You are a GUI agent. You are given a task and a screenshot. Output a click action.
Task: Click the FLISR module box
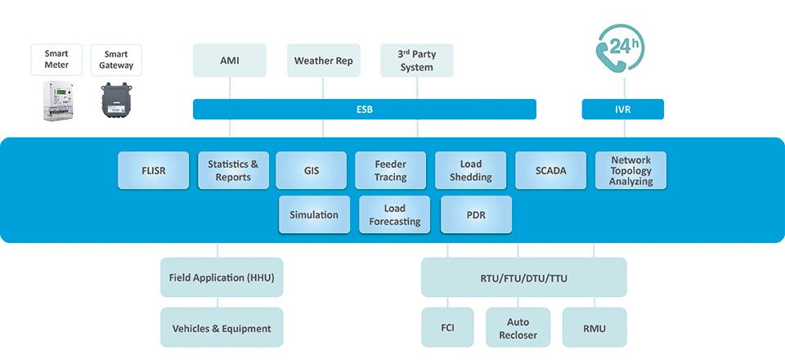[x=153, y=170]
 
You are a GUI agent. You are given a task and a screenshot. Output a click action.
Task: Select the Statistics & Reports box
[x=233, y=170]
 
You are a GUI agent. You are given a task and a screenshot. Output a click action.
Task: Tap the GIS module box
[x=311, y=170]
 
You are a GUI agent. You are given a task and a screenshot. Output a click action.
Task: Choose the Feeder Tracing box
[x=391, y=170]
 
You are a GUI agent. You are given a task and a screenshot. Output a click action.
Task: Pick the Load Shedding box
[x=471, y=170]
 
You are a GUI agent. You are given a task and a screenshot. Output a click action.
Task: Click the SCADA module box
[x=550, y=170]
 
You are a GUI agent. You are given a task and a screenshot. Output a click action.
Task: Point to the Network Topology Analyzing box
[x=630, y=170]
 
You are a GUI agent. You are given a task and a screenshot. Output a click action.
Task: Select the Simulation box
[x=314, y=214]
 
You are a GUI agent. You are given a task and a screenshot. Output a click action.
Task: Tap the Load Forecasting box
[x=394, y=214]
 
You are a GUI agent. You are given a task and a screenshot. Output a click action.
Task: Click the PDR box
[x=476, y=214]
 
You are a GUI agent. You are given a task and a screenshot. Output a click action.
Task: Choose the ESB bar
[x=365, y=109]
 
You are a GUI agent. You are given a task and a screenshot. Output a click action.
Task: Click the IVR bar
[x=623, y=109]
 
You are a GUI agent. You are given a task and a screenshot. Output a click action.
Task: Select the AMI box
[x=229, y=61]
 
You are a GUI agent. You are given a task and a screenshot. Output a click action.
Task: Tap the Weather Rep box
[x=324, y=61]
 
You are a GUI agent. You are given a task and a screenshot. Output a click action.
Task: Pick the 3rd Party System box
[x=416, y=61]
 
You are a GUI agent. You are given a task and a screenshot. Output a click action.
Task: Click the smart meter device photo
[x=57, y=101]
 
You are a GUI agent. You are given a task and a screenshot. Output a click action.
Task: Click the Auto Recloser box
[x=518, y=327]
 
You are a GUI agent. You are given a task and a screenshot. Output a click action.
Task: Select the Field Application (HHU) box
[x=222, y=277]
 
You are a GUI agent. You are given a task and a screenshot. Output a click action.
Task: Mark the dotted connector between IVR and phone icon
[x=624, y=87]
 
